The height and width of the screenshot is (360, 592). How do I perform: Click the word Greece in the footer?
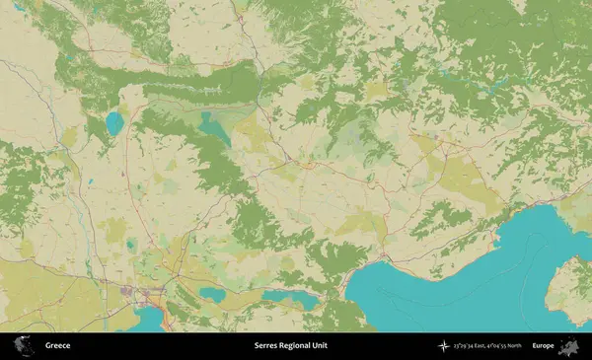pyautogui.click(x=55, y=346)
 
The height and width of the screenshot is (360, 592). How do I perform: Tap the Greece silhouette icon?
pyautogui.click(x=23, y=346)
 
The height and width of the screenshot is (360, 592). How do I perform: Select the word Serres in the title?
pyautogui.click(x=265, y=346)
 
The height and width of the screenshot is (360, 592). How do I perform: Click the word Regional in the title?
pyautogui.click(x=297, y=346)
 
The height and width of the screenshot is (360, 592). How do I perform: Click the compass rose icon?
pyautogui.click(x=445, y=346)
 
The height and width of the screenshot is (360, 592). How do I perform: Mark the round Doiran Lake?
pyautogui.click(x=114, y=124)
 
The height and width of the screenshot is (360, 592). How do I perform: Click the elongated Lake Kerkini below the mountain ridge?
pyautogui.click(x=213, y=127)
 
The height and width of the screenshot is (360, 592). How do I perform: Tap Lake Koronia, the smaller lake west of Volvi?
pyautogui.click(x=212, y=293)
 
